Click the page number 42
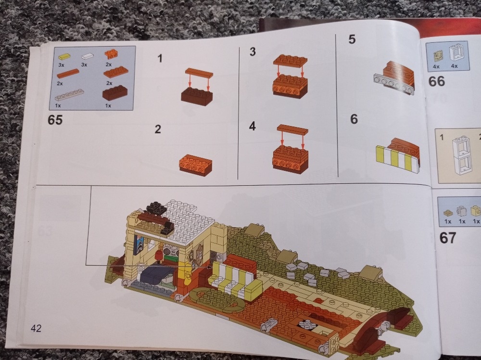pos(36,329)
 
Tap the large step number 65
pos(55,120)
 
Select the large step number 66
pos(436,81)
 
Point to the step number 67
pos(447,238)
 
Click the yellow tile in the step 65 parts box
pos(64,57)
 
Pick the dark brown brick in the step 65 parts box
pos(115,92)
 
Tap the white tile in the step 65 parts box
pos(88,56)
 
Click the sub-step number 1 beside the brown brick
pos(160,58)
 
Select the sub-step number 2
pos(158,129)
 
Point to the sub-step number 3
pos(253,51)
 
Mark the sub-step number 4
pos(252,126)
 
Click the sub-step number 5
pos(352,39)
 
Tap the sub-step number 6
pos(354,119)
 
